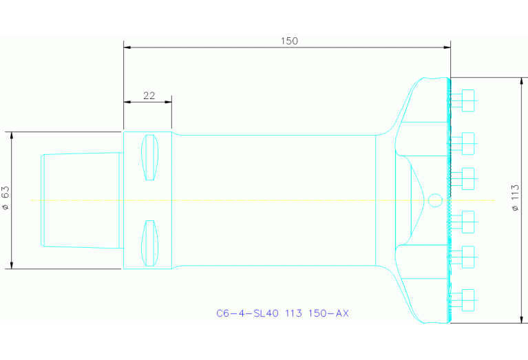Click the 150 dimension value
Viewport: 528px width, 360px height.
pyautogui.click(x=289, y=41)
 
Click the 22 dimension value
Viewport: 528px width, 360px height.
pyautogui.click(x=149, y=96)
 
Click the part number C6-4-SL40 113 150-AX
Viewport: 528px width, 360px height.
pyautogui.click(x=283, y=313)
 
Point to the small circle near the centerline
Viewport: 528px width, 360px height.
pyautogui.click(x=434, y=200)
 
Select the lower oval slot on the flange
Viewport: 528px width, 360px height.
pyautogui.click(x=149, y=242)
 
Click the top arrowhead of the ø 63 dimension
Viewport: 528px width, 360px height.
pyautogui.click(x=12, y=135)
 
